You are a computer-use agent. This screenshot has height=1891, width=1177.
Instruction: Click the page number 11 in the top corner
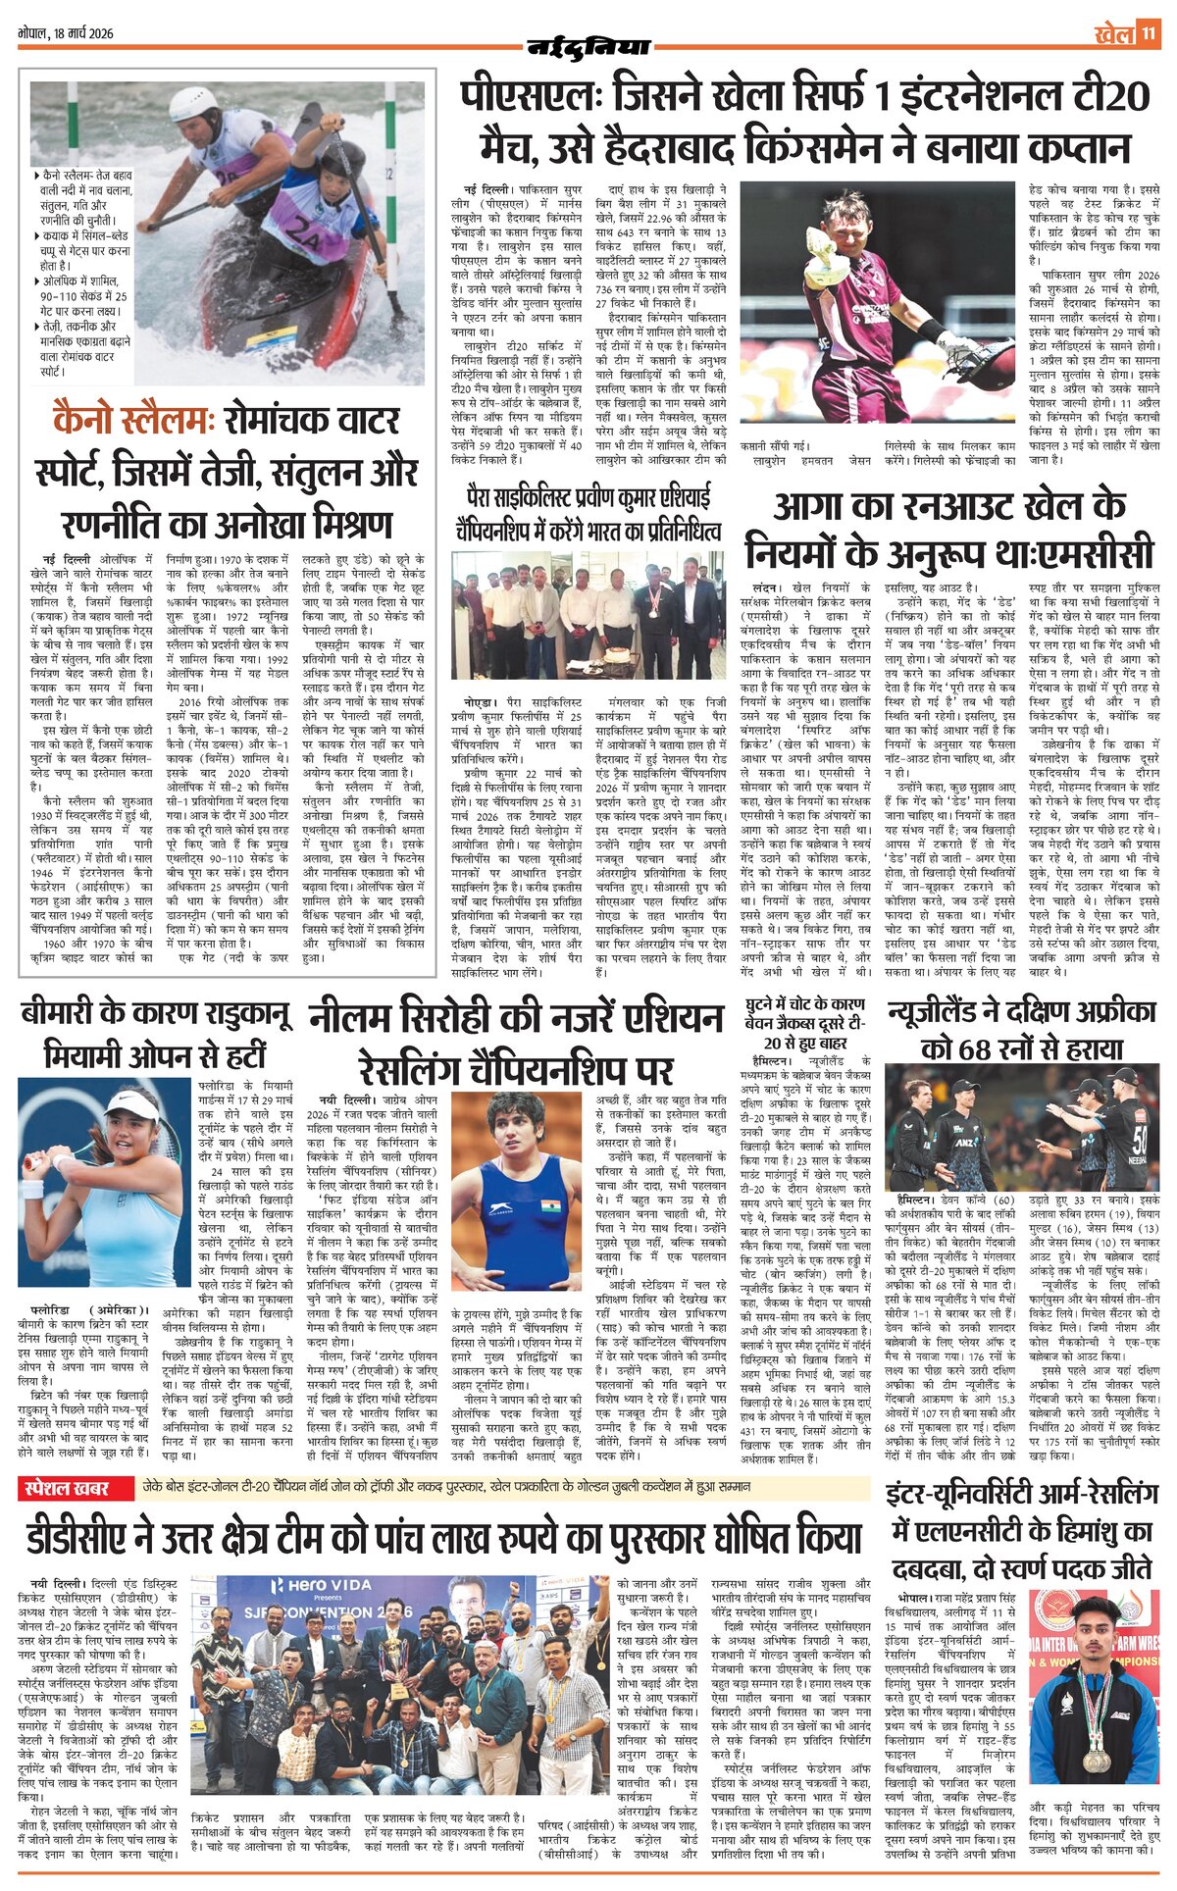(x=1149, y=34)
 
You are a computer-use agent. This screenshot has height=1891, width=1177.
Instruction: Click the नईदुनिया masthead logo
(x=588, y=46)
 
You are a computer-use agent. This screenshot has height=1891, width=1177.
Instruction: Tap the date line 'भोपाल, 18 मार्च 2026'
(x=66, y=33)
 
